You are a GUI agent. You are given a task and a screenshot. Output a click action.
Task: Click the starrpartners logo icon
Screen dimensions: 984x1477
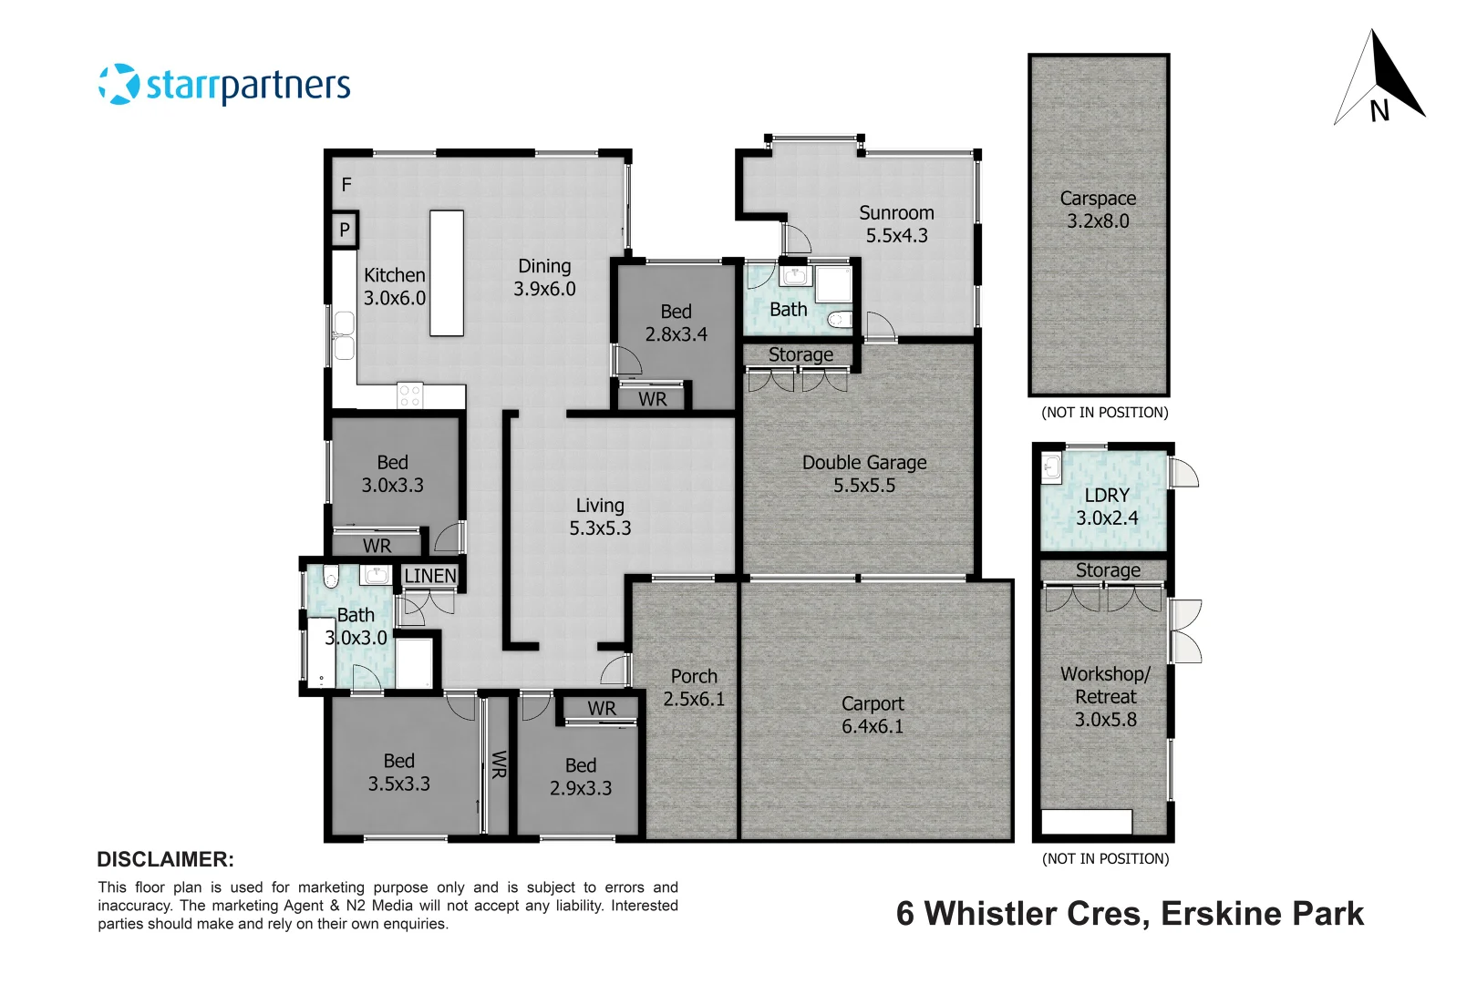(119, 84)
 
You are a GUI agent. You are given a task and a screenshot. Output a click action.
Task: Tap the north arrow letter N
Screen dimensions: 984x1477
(1379, 111)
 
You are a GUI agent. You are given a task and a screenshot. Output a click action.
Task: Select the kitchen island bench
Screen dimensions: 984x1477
(447, 273)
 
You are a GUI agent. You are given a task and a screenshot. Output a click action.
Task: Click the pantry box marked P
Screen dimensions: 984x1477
(345, 230)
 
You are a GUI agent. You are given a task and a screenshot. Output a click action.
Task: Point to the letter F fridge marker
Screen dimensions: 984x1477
(346, 184)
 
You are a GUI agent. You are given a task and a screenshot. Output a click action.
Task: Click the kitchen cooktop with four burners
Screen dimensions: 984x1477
(410, 395)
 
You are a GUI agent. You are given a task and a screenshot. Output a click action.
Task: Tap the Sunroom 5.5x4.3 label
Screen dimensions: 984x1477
(896, 224)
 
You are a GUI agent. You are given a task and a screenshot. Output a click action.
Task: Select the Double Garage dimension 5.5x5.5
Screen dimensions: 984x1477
(864, 486)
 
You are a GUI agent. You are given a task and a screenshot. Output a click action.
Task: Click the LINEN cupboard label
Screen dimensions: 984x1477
(430, 576)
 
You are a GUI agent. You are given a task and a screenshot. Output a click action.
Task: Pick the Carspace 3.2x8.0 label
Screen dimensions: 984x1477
(1098, 210)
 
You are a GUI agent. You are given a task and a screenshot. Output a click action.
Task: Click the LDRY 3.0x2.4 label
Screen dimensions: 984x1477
(1107, 507)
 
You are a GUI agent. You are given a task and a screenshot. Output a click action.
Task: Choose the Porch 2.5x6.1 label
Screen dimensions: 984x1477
(694, 688)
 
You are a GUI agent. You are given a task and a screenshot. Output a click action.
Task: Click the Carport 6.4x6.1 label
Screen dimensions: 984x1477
(873, 715)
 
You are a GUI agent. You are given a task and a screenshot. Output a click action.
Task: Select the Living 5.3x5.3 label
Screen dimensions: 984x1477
(600, 517)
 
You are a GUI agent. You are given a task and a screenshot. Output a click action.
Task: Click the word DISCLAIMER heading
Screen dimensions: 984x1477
(165, 859)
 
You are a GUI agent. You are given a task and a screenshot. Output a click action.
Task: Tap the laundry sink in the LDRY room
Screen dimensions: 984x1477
(1052, 468)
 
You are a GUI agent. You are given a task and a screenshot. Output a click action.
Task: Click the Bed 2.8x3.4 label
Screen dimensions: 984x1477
(676, 323)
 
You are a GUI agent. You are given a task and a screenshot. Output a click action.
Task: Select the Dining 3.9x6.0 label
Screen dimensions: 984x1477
(544, 278)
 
